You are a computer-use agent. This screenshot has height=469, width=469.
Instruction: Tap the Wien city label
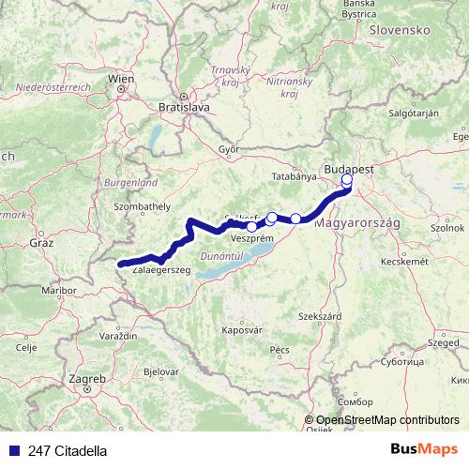coord(120,80)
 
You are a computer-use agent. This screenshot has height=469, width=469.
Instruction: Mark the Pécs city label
coord(279,349)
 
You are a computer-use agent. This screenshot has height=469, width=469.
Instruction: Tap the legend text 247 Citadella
coord(68,451)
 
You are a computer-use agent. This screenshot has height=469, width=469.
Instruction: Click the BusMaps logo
coord(430,450)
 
